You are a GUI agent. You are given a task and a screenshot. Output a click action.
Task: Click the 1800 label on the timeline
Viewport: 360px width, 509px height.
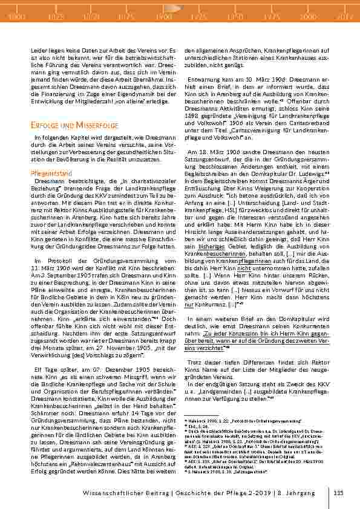tap(17, 16)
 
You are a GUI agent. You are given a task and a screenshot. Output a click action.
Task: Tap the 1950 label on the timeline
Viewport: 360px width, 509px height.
tap(236, 16)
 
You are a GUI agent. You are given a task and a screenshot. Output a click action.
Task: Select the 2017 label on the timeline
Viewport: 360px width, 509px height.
tap(345, 16)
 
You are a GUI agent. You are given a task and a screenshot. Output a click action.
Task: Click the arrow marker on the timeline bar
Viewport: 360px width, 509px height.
tap(172, 8)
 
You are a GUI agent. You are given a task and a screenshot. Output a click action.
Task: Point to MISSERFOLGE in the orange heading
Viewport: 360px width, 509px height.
tap(91, 125)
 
